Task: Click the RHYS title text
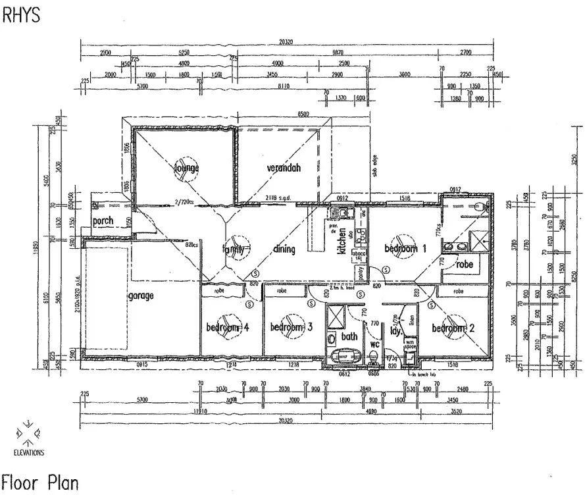(x=22, y=15)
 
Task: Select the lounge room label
(x=186, y=168)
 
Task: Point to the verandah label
(x=284, y=168)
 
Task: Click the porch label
(x=103, y=221)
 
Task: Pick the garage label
(x=141, y=296)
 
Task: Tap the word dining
(x=284, y=249)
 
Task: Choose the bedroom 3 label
(x=290, y=327)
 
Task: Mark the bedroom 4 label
(x=228, y=327)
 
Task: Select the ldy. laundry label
(x=395, y=331)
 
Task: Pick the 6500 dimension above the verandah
(x=303, y=115)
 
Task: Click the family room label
(x=234, y=249)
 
